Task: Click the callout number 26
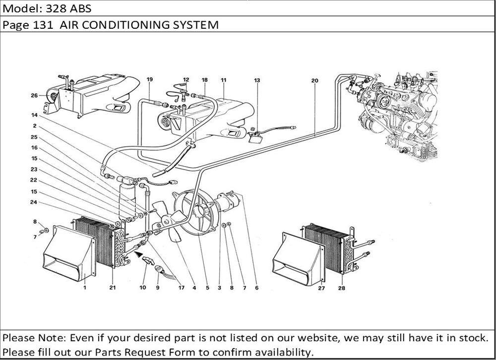tap(34, 96)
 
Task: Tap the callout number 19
tap(150, 80)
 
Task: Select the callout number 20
tap(314, 80)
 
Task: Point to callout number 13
tap(257, 80)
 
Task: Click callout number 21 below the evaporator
tap(112, 287)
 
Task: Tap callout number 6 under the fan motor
tap(257, 287)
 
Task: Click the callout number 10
tap(143, 287)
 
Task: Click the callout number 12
tap(186, 80)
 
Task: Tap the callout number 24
tap(34, 202)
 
